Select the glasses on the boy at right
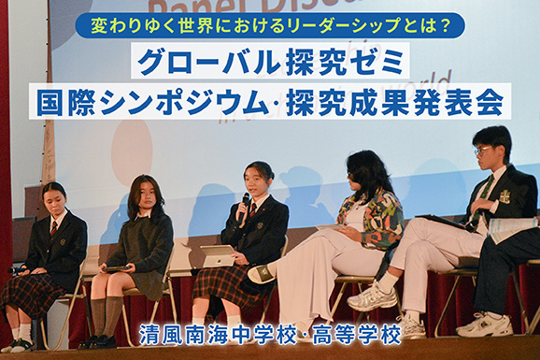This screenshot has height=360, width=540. tap(482, 150)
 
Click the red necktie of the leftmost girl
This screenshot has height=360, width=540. tap(54, 227)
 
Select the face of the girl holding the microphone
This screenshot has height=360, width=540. tap(257, 180)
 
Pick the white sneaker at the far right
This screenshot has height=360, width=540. tap(487, 324)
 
